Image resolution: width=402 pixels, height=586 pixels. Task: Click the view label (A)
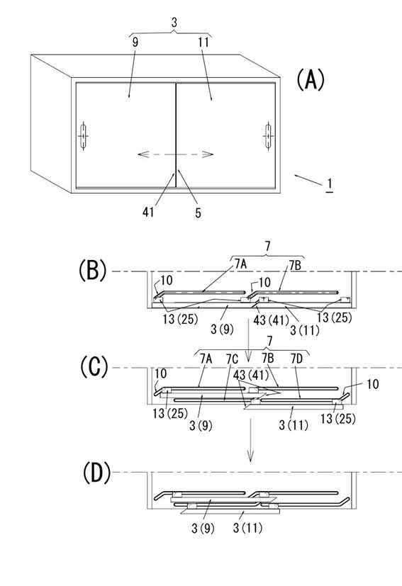(311, 80)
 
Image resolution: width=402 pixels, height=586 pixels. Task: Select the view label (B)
(93, 271)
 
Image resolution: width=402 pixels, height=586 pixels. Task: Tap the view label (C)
(94, 367)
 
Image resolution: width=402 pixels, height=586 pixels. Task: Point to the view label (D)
(96, 473)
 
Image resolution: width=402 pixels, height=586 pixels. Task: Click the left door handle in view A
(83, 136)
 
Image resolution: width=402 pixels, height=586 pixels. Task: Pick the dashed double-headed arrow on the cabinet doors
(175, 154)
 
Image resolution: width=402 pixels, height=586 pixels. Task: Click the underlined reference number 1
(330, 185)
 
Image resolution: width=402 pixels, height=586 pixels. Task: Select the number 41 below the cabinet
(148, 213)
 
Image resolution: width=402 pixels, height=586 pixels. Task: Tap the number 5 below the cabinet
(199, 213)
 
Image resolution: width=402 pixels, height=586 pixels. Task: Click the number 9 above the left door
(135, 43)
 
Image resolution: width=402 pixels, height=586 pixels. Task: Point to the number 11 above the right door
(203, 43)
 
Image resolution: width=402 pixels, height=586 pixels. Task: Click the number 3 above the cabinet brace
(174, 23)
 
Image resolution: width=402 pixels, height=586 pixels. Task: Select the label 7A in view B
(241, 264)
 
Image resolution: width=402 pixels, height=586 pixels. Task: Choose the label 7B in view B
(295, 266)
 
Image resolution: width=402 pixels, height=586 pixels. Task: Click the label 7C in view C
(232, 359)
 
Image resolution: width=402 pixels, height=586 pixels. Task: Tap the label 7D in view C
(297, 359)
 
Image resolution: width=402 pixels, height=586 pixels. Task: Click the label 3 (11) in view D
(247, 528)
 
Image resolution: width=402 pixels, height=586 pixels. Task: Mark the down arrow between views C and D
(250, 439)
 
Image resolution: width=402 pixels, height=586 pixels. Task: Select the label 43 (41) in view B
(271, 320)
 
